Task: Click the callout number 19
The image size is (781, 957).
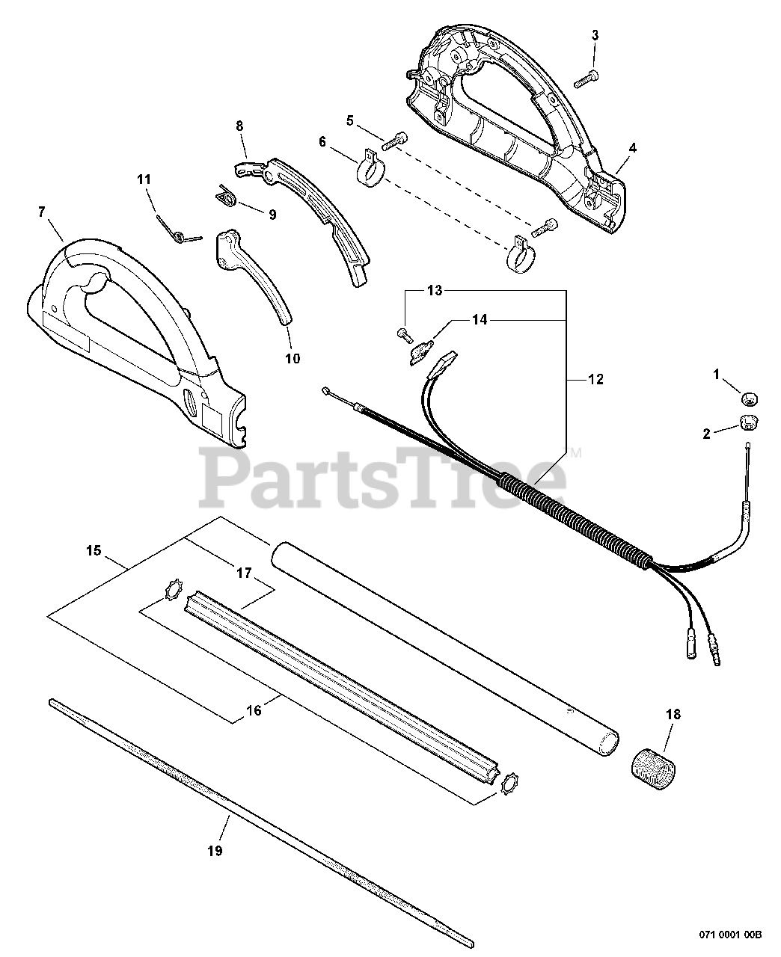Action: [215, 851]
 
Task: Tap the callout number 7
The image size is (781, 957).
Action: [41, 212]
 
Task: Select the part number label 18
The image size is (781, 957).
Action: [673, 715]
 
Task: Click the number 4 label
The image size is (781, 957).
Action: [632, 148]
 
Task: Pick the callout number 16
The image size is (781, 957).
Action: [254, 710]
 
